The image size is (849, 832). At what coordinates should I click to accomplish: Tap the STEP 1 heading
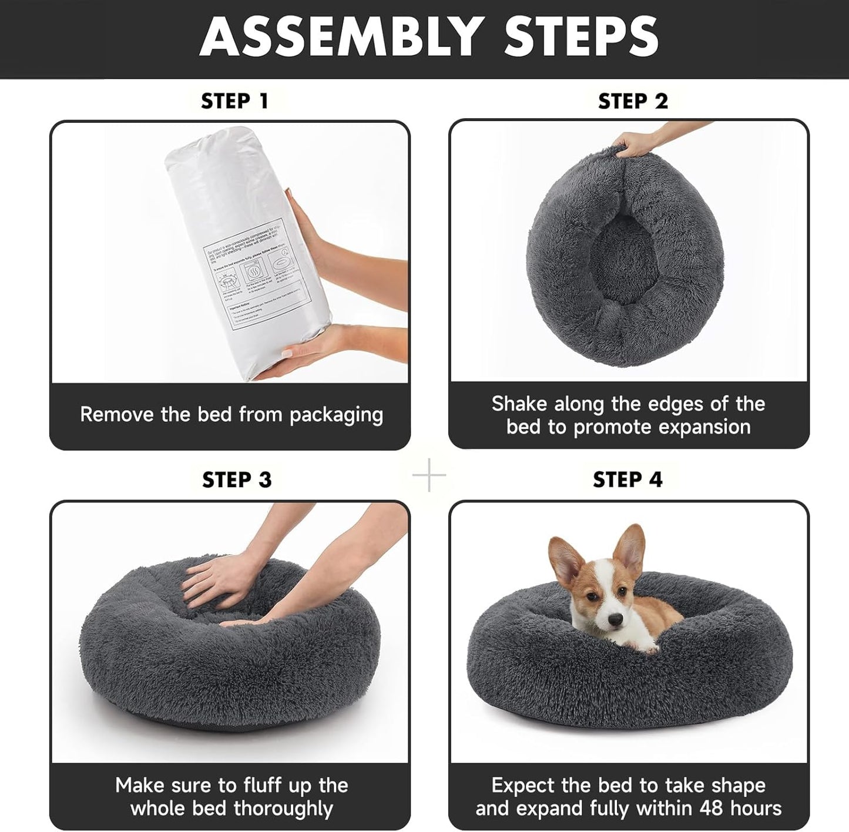pyautogui.click(x=234, y=101)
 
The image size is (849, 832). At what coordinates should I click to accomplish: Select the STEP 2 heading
pyautogui.click(x=633, y=101)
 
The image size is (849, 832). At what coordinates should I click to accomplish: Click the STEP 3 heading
pyautogui.click(x=237, y=480)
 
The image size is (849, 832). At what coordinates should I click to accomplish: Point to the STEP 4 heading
pyautogui.click(x=627, y=479)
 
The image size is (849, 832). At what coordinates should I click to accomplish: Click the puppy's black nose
pyautogui.click(x=615, y=619)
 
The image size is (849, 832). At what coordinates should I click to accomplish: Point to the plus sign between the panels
pyautogui.click(x=429, y=475)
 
